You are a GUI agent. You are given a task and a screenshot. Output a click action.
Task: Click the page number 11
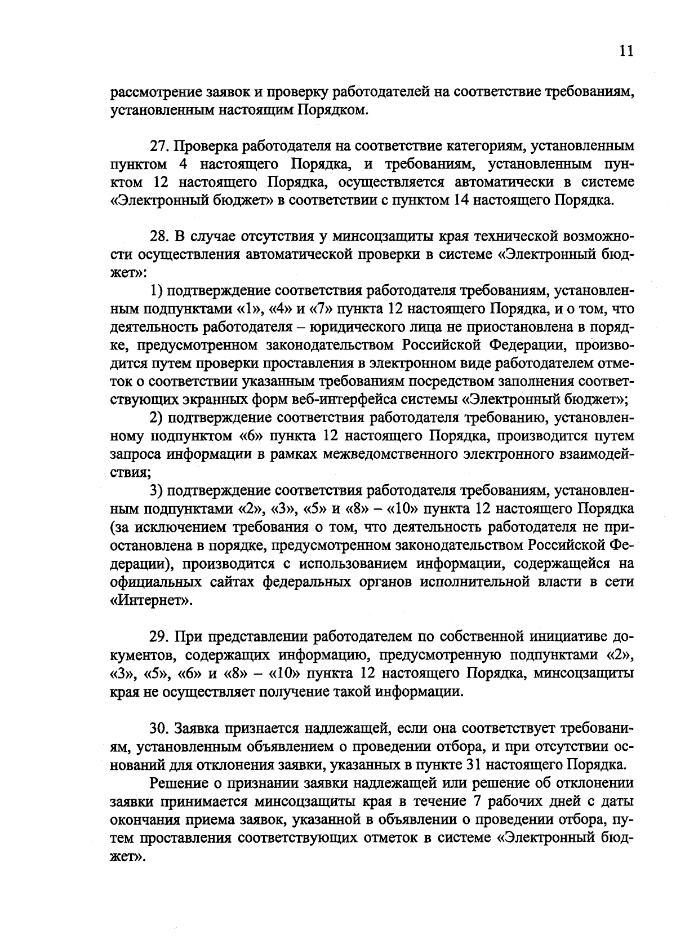point(626,51)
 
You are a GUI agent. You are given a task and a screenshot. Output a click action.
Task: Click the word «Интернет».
point(150,600)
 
